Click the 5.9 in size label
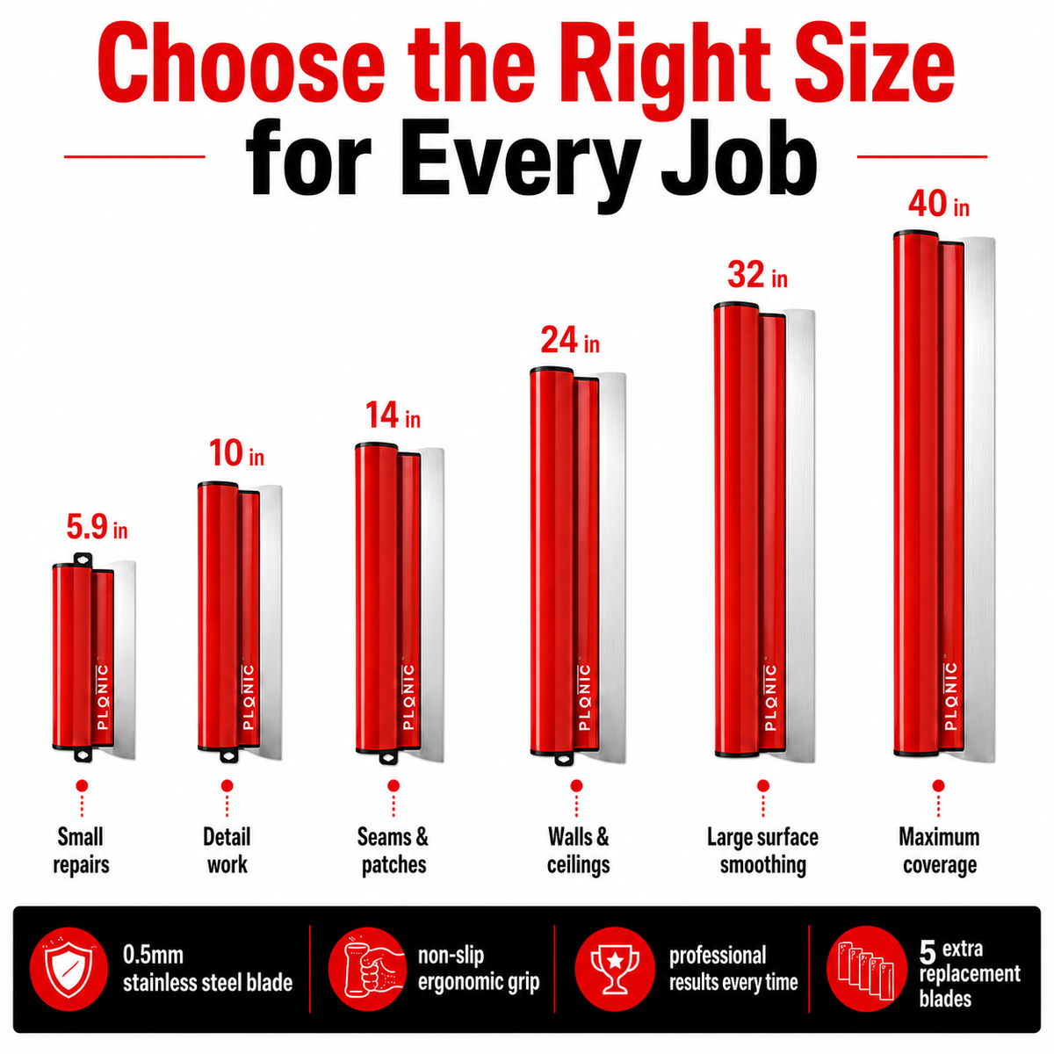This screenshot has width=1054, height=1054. click(97, 527)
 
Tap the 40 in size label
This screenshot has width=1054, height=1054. click(939, 204)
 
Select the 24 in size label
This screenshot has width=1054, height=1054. click(570, 340)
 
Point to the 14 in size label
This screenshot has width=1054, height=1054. click(393, 415)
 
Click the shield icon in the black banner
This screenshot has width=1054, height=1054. click(69, 969)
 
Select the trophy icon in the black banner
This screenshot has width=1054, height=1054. click(615, 969)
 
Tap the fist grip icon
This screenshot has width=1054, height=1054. click(367, 969)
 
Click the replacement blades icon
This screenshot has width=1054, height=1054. click(866, 969)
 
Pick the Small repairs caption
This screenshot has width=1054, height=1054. click(81, 851)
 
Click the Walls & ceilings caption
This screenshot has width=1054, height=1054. click(578, 851)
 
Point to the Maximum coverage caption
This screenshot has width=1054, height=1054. click(939, 851)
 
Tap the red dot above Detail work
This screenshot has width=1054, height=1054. click(227, 786)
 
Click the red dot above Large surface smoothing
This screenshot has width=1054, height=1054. click(763, 786)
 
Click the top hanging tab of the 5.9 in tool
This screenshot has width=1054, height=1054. click(83, 559)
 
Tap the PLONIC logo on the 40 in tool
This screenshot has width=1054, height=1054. click(950, 696)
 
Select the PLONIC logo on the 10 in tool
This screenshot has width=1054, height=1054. click(248, 697)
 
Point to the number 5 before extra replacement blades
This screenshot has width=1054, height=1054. click(928, 952)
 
